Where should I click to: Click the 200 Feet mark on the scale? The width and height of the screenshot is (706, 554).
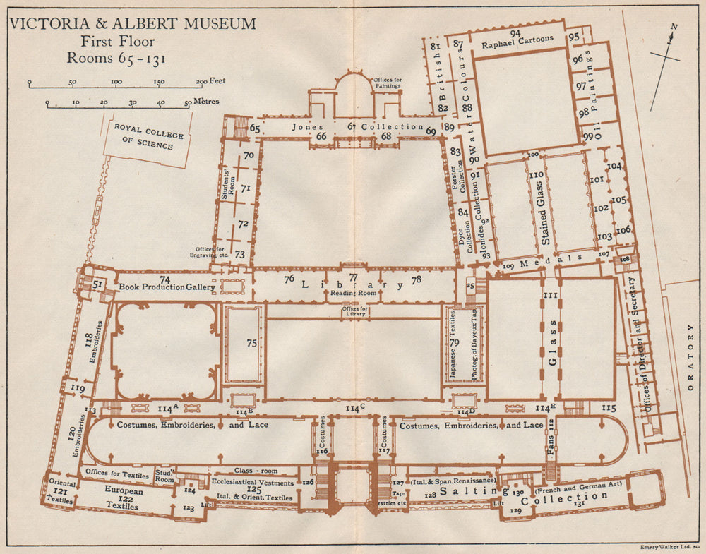click(x=201, y=83)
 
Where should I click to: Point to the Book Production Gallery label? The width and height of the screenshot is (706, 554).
click(x=167, y=287)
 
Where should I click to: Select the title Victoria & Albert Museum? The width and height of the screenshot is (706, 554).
click(x=132, y=24)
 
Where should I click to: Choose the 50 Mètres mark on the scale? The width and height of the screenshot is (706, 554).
click(x=189, y=103)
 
